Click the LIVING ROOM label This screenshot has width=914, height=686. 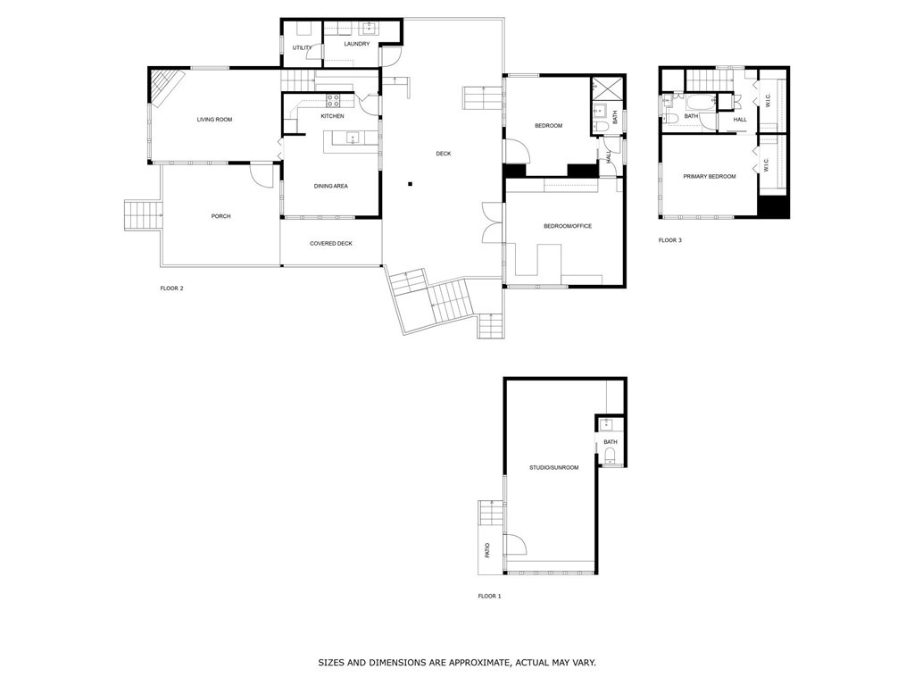(214, 119)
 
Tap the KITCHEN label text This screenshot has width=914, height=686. (332, 116)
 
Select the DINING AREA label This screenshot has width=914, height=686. (330, 186)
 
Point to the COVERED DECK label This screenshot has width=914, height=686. (331, 243)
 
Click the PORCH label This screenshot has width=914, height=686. (220, 216)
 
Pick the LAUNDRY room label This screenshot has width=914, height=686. (357, 43)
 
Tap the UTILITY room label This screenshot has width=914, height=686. (303, 47)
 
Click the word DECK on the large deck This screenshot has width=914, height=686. (443, 154)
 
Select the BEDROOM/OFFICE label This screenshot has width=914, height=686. (568, 226)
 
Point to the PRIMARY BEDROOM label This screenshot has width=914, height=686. (710, 177)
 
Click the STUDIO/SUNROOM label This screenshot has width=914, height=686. (553, 467)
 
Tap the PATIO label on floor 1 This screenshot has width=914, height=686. (487, 550)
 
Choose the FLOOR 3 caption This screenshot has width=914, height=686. (670, 240)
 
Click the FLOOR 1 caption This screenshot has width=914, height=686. (489, 596)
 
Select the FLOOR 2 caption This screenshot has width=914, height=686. (171, 288)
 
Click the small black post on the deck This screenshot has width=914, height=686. (410, 185)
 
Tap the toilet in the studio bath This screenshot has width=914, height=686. (610, 458)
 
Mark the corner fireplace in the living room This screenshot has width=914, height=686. (165, 88)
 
